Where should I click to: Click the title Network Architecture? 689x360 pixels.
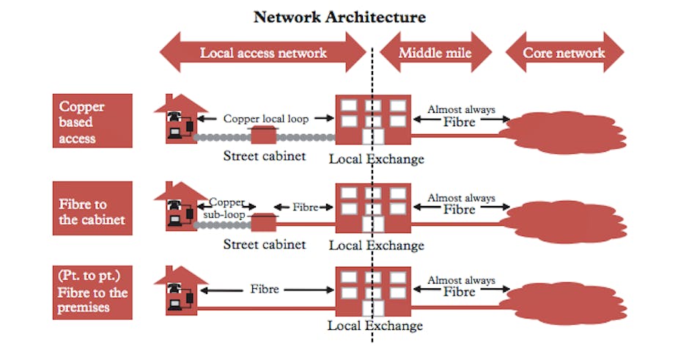pos(339,17)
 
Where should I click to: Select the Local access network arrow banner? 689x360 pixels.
pos(263,53)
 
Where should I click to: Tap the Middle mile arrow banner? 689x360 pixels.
pos(435,53)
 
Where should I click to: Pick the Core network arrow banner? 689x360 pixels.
pos(564,53)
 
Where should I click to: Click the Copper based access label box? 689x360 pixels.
pos(92,121)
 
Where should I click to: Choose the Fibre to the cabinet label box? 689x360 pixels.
pos(92,208)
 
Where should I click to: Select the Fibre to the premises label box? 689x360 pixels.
pos(92,293)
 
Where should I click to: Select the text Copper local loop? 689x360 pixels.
pos(266,119)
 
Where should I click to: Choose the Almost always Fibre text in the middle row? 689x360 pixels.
pos(460,204)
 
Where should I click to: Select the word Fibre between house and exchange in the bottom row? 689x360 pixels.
pos(264,289)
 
